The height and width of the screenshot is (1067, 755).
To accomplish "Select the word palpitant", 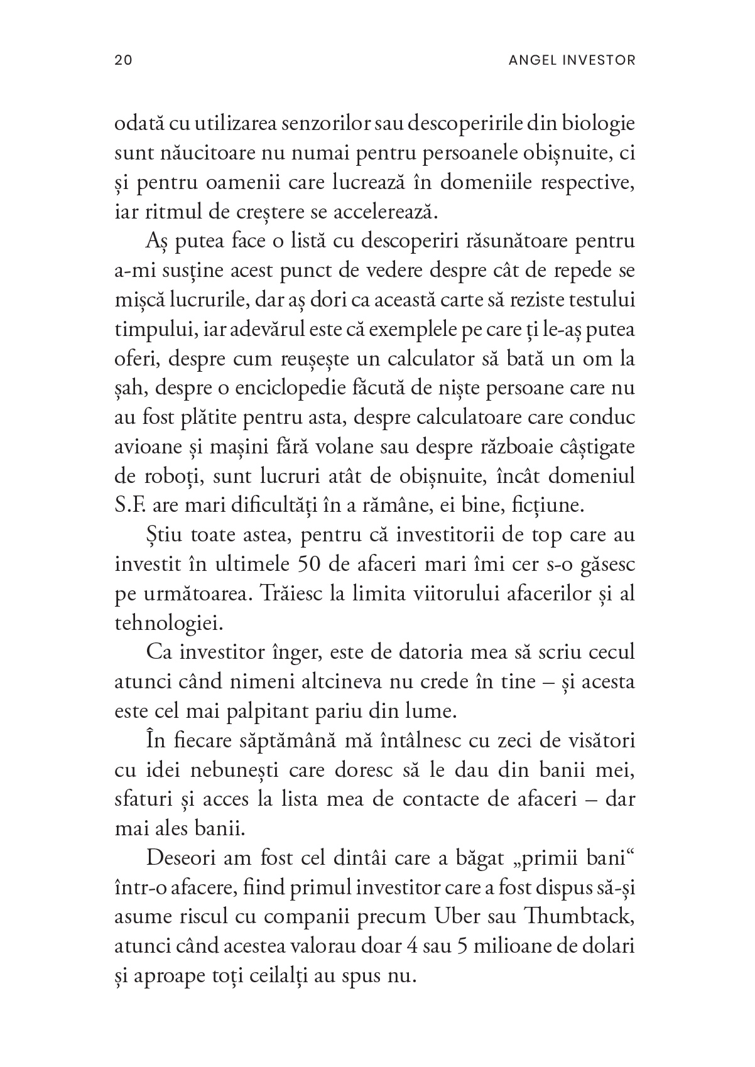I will click(x=261, y=712).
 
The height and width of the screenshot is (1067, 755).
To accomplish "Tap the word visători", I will click(x=600, y=741).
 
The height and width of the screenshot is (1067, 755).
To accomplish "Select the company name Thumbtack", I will click(x=578, y=918).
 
